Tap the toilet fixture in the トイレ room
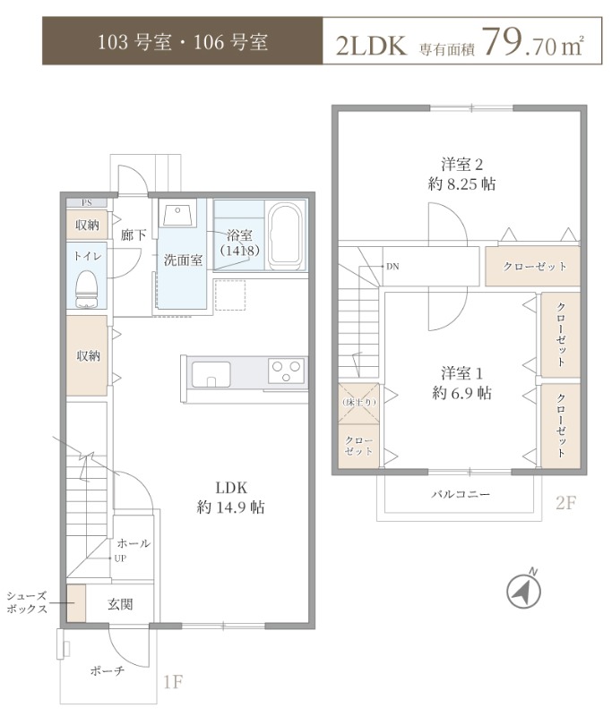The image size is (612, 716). click(x=88, y=287)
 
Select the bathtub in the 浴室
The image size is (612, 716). click(x=286, y=235)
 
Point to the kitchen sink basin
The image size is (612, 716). click(x=211, y=372)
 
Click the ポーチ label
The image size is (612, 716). click(x=107, y=670)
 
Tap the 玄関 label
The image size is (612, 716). click(x=120, y=605)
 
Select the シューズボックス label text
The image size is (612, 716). click(x=26, y=602)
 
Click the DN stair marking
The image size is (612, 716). click(x=393, y=267)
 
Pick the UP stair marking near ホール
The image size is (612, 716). click(x=118, y=558)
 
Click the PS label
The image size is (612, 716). click(x=88, y=202)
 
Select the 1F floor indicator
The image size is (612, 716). click(x=173, y=683)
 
